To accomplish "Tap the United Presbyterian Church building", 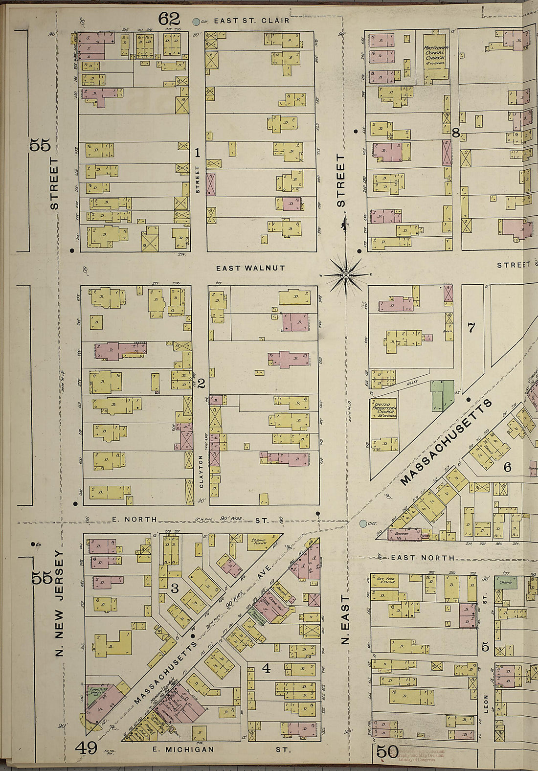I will pyautogui.click(x=383, y=408).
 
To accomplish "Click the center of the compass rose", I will pyautogui.click(x=346, y=275).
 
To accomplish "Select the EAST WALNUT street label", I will pyautogui.click(x=250, y=268).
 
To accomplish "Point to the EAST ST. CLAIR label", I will pyautogui.click(x=251, y=21).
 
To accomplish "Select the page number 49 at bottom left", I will pyautogui.click(x=87, y=748).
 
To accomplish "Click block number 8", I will pyautogui.click(x=455, y=133).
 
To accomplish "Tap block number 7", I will pyautogui.click(x=471, y=328).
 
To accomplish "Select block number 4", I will pyautogui.click(x=266, y=668).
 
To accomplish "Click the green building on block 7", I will pyautogui.click(x=442, y=395).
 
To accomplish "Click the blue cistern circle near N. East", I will pyautogui.click(x=362, y=524).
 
